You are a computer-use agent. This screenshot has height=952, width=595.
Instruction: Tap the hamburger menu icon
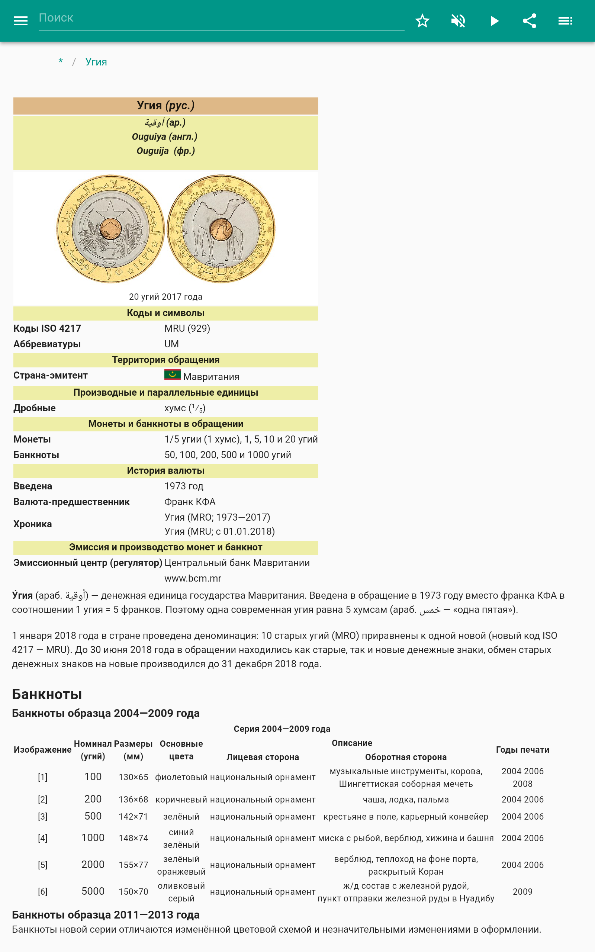click(x=21, y=21)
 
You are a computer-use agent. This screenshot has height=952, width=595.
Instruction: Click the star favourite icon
click(x=422, y=21)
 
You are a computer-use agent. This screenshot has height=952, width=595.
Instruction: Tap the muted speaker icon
click(x=458, y=21)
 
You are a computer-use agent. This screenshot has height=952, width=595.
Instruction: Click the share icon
click(x=530, y=21)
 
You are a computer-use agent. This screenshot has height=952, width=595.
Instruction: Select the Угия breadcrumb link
click(x=96, y=62)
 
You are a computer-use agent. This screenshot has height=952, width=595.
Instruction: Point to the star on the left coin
click(x=110, y=209)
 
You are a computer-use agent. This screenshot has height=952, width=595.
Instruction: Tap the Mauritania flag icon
click(x=172, y=375)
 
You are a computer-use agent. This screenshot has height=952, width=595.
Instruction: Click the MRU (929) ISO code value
click(x=187, y=328)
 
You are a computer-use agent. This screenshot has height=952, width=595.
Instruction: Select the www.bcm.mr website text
click(x=193, y=578)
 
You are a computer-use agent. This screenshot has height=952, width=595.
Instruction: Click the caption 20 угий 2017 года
click(x=166, y=297)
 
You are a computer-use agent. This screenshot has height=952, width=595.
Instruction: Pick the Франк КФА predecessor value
click(x=190, y=502)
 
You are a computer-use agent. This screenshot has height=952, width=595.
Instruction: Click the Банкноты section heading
click(x=47, y=694)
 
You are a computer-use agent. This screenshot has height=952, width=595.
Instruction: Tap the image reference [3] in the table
click(x=42, y=817)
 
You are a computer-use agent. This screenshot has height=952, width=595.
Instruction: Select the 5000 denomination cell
click(x=93, y=891)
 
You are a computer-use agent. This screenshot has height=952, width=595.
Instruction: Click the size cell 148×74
click(x=134, y=838)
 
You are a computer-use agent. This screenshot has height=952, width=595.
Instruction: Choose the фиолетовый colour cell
click(x=181, y=777)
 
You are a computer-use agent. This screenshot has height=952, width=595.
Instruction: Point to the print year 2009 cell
click(x=522, y=892)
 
